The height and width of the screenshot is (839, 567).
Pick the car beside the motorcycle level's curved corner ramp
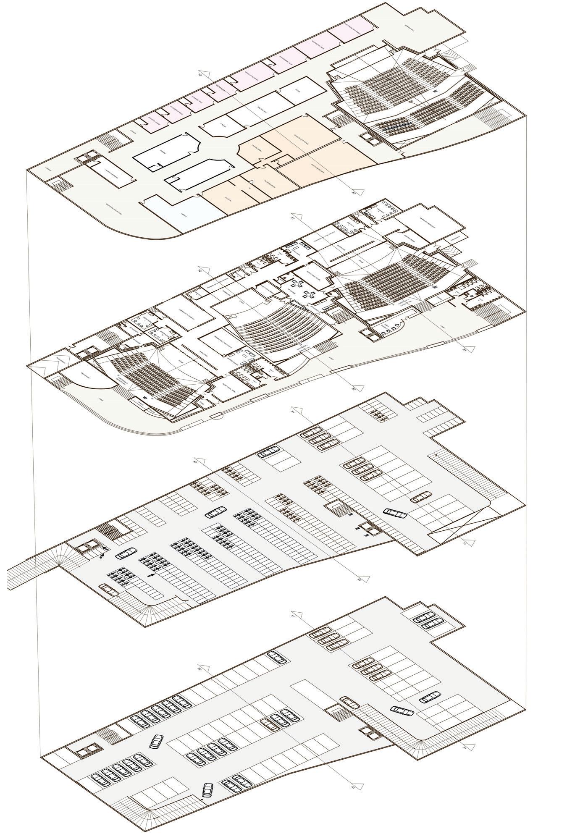109,590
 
